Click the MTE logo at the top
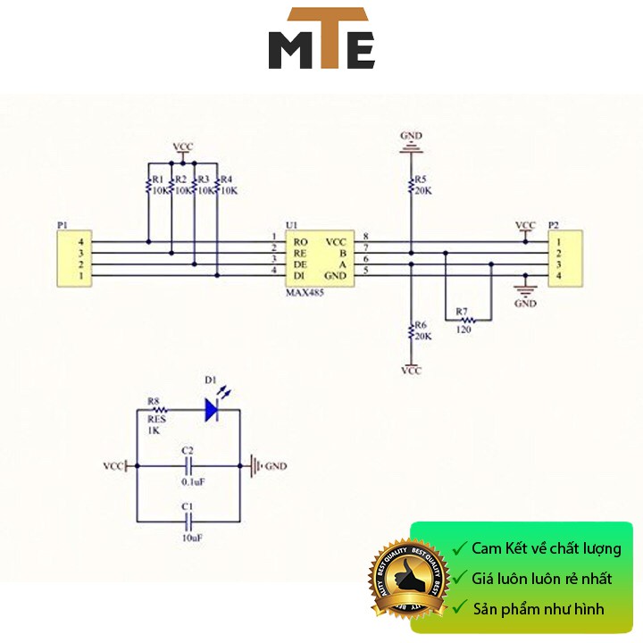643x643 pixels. pyautogui.click(x=321, y=39)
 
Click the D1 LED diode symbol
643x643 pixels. pyautogui.click(x=212, y=409)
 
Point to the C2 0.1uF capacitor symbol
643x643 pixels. pyautogui.click(x=188, y=465)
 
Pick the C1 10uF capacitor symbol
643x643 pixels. pyautogui.click(x=188, y=522)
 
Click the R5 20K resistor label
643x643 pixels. pyautogui.click(x=422, y=185)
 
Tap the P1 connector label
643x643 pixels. pyautogui.click(x=62, y=226)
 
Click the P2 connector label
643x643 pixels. pyautogui.click(x=553, y=226)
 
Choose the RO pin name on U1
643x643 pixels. pyautogui.click(x=301, y=242)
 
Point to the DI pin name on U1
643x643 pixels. pyautogui.click(x=300, y=275)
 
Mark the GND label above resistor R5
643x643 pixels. pyautogui.click(x=411, y=136)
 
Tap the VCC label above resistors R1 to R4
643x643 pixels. pyautogui.click(x=182, y=146)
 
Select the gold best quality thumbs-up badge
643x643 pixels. pyautogui.click(x=407, y=579)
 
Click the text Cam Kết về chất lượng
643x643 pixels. pyautogui.click(x=546, y=548)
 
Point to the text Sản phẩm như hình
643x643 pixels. pyautogui.click(x=539, y=609)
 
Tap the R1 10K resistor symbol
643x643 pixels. pyautogui.click(x=148, y=186)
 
